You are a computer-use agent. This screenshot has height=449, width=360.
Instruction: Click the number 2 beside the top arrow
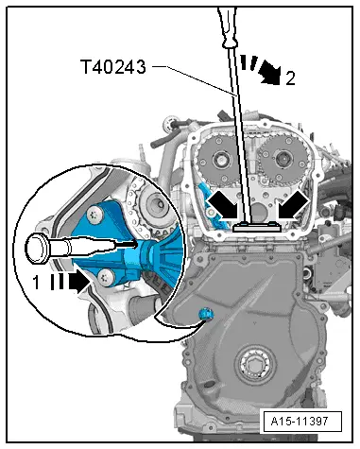point(289,78)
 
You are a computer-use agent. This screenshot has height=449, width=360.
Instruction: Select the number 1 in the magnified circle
point(36,281)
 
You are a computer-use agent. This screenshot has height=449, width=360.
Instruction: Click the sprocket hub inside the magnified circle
point(153,202)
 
